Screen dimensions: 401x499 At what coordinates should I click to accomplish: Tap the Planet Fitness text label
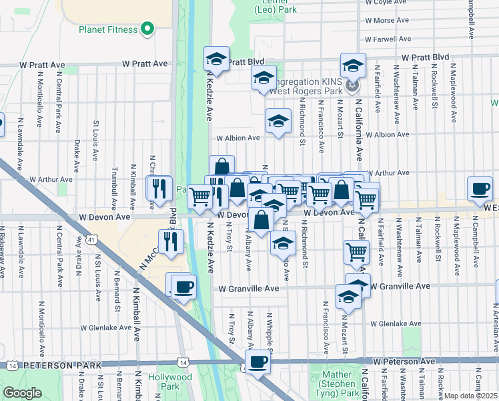108,29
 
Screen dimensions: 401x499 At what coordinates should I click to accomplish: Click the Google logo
21,393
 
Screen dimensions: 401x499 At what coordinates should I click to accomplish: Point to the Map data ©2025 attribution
470,396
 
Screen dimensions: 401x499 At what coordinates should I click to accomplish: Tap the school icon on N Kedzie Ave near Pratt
215,58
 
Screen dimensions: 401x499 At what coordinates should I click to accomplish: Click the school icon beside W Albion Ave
279,120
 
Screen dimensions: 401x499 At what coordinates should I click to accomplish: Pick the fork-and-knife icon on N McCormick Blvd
171,241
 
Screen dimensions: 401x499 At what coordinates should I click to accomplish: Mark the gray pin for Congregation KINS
353,86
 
